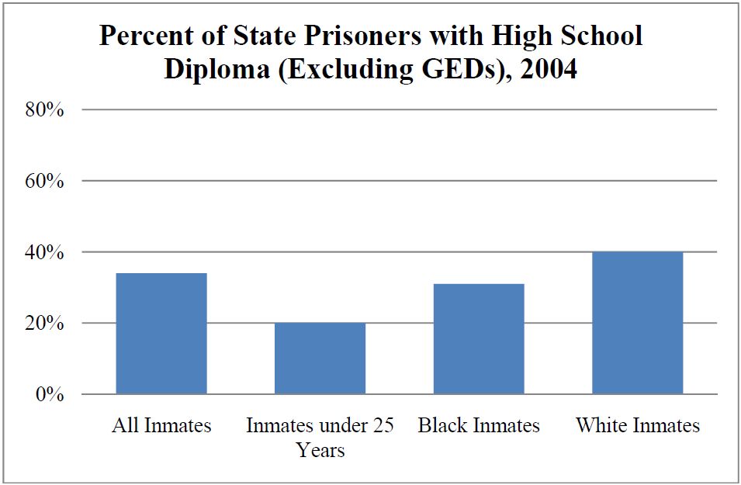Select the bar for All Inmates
tap(161, 334)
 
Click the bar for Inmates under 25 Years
tap(320, 359)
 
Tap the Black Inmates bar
tap(479, 339)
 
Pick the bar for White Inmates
tap(637, 323)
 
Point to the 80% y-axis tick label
tap(43, 109)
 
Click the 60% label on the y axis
tap(43, 181)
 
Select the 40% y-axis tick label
tap(43, 252)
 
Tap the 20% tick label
tap(43, 323)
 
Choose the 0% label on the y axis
tap(48, 394)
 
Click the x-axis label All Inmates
tap(161, 425)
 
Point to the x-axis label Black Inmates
tap(479, 425)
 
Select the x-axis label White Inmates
tap(637, 425)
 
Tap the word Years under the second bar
tap(320, 450)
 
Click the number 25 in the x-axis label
tap(381, 425)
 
